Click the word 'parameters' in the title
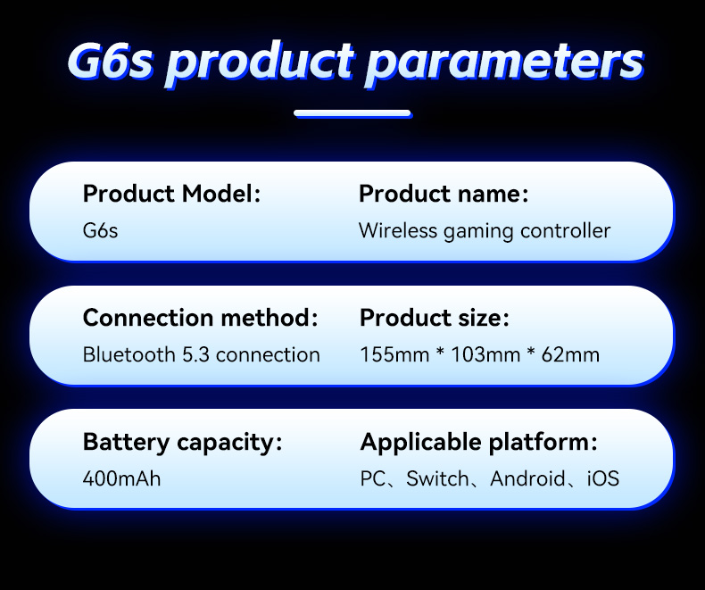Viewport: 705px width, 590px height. tap(504, 62)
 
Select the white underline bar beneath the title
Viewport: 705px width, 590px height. tap(352, 113)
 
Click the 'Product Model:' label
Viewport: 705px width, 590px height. tap(171, 194)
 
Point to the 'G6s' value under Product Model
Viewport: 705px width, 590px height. tap(100, 230)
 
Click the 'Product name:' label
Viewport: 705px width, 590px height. tap(444, 194)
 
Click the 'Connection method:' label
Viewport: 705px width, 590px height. tap(200, 318)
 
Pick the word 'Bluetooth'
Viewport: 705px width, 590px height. tap(129, 354)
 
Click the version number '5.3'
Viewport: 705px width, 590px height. tap(195, 354)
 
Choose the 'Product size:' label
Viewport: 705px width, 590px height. tap(434, 318)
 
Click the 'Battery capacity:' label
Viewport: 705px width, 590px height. tap(182, 442)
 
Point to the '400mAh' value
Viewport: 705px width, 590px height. tap(121, 478)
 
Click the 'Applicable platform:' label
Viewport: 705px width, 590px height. tap(478, 442)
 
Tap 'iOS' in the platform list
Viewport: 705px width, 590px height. tap(602, 478)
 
